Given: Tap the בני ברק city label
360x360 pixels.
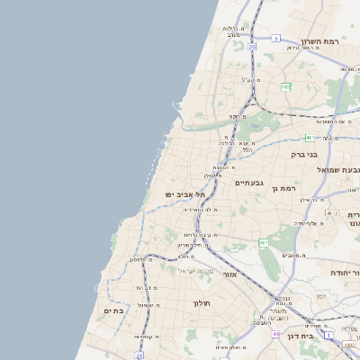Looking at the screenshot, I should pyautogui.click(x=304, y=154).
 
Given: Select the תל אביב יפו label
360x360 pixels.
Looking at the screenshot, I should pyautogui.click(x=184, y=194).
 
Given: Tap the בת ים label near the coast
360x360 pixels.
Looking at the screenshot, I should pyautogui.click(x=112, y=310).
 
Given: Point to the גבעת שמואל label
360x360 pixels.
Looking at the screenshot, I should pyautogui.click(x=338, y=170).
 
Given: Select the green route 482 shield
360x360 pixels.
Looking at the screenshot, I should pyautogui.click(x=285, y=86).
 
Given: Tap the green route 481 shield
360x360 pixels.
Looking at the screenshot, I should pyautogui.click(x=310, y=138).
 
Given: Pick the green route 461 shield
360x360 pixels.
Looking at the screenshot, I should pyautogui.click(x=264, y=242).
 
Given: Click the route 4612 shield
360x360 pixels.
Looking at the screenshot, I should pyautogui.click(x=332, y=213).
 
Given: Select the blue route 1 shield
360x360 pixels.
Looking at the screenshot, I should pyautogui.click(x=329, y=335).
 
